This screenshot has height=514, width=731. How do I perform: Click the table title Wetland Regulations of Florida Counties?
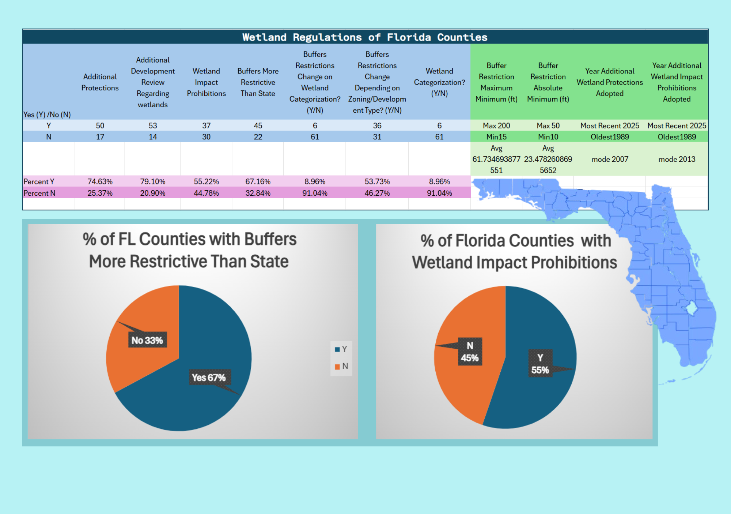tap(365, 37)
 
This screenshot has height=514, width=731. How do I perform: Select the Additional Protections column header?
tap(100, 82)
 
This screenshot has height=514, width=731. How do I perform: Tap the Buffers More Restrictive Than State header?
tap(258, 82)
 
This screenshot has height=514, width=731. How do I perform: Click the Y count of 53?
tap(153, 125)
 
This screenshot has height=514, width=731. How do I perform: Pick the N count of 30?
tap(207, 137)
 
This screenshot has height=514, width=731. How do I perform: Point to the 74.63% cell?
tap(100, 181)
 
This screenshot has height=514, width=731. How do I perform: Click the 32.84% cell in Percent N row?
tap(258, 193)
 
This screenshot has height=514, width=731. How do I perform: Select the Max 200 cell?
tap(496, 125)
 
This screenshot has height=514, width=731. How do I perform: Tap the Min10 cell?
tap(548, 137)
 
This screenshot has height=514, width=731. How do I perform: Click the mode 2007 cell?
tap(610, 159)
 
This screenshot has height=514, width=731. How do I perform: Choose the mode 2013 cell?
tap(677, 159)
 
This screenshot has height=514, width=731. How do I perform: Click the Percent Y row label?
tap(39, 181)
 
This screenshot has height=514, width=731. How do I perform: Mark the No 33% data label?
tap(147, 340)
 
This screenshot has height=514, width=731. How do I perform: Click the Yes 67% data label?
tap(209, 377)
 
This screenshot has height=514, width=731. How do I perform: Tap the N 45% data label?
tap(470, 352)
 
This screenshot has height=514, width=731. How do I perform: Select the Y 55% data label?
tap(540, 364)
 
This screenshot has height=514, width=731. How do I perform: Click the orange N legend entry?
tap(341, 366)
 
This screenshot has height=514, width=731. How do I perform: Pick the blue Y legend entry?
tap(341, 349)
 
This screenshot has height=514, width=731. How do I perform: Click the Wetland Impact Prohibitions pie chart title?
tap(515, 252)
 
